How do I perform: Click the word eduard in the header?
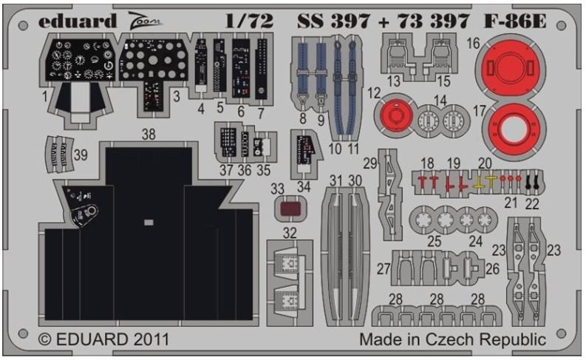click(78, 21)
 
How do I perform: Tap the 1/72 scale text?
click(249, 21)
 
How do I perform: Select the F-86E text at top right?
click(515, 21)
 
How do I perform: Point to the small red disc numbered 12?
click(395, 115)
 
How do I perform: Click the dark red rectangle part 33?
click(290, 208)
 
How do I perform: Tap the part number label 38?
click(149, 135)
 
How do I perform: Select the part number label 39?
click(81, 154)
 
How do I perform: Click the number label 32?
click(290, 233)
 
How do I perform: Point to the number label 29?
click(370, 163)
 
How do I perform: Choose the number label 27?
click(384, 269)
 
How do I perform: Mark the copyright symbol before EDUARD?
click(45, 340)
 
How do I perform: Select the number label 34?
click(304, 186)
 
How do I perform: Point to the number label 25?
click(434, 242)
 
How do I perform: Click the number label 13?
click(394, 81)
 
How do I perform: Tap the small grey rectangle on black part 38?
click(149, 223)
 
